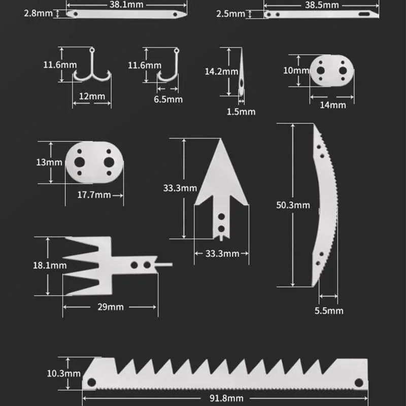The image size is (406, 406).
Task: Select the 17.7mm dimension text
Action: click(x=94, y=194)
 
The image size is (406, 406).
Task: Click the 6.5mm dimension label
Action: click(x=168, y=99)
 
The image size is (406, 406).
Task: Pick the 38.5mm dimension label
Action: click(x=322, y=5)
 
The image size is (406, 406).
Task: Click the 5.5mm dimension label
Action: click(x=329, y=310)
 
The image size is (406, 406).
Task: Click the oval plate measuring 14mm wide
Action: click(x=332, y=71)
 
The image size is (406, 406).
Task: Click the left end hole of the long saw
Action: click(x=91, y=382)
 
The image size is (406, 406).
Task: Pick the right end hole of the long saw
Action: click(x=358, y=382)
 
